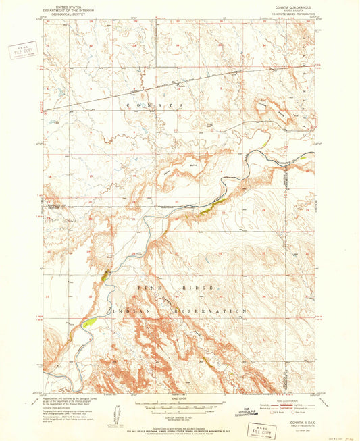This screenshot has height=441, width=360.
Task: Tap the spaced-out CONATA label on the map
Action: (152, 107)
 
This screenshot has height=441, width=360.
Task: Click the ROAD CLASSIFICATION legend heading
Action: (292, 400)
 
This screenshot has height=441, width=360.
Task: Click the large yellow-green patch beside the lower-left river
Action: (88, 322)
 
